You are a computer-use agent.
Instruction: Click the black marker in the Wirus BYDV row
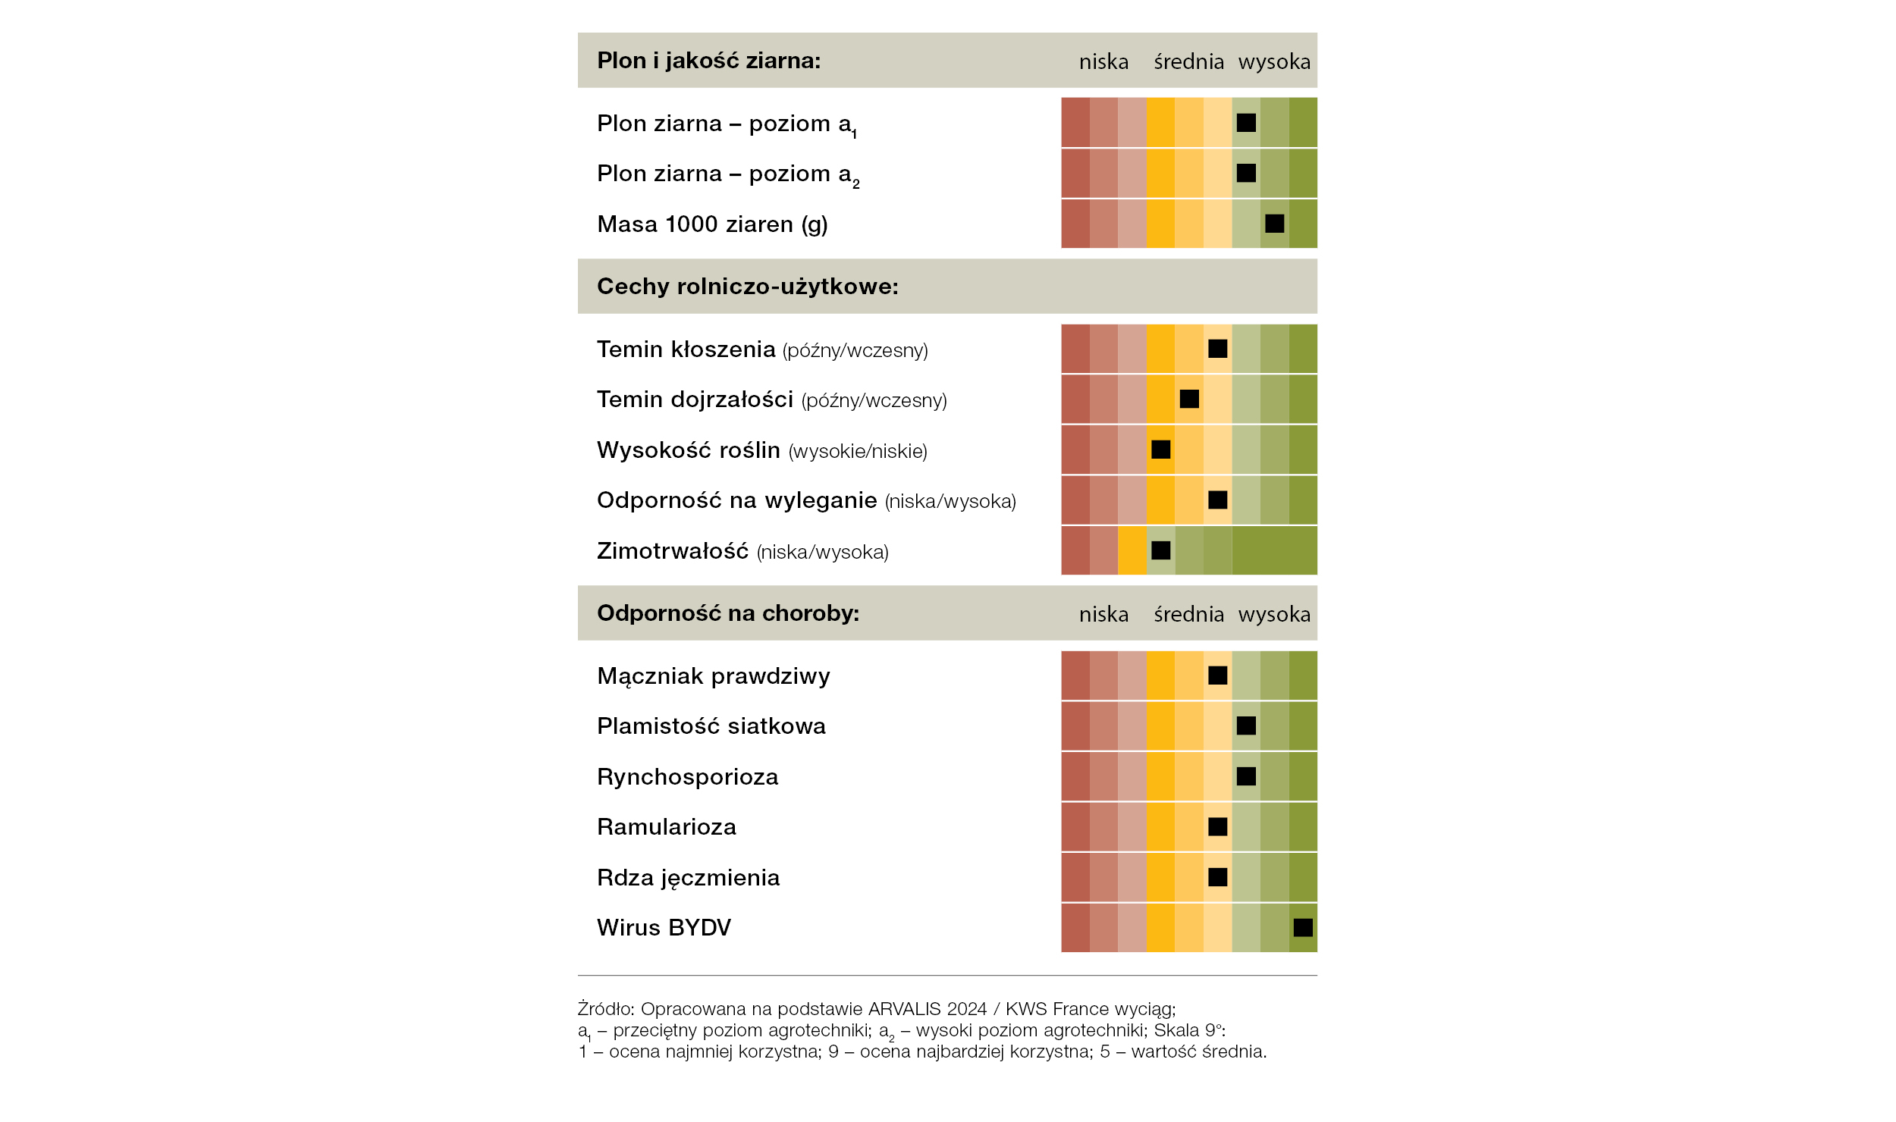click(x=1303, y=927)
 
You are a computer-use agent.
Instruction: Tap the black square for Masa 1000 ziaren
click(x=1275, y=224)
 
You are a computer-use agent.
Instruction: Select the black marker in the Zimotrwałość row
click(x=1161, y=550)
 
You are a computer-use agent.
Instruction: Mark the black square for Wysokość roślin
click(x=1161, y=450)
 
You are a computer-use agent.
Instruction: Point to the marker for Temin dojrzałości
click(x=1189, y=399)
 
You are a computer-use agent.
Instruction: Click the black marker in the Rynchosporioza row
click(x=1246, y=776)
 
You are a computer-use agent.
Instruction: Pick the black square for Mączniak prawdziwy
click(x=1218, y=675)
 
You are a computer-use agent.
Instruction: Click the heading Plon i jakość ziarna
click(x=709, y=61)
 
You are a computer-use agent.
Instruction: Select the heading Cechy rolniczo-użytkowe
click(x=748, y=287)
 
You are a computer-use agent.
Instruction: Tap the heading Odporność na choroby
click(x=728, y=613)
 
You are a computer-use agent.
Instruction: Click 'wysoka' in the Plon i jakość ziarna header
click(x=1274, y=61)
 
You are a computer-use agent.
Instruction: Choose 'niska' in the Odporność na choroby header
click(x=1103, y=614)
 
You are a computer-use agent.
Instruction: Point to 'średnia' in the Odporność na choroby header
click(x=1188, y=614)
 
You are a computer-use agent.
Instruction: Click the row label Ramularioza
click(x=667, y=826)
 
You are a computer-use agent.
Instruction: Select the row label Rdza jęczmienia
click(x=689, y=878)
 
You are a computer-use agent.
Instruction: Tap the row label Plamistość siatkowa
click(x=711, y=726)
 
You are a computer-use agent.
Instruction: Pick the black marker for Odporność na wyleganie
click(x=1218, y=500)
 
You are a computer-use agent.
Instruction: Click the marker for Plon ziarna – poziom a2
click(x=1246, y=173)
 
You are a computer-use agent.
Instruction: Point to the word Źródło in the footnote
click(x=606, y=1008)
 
